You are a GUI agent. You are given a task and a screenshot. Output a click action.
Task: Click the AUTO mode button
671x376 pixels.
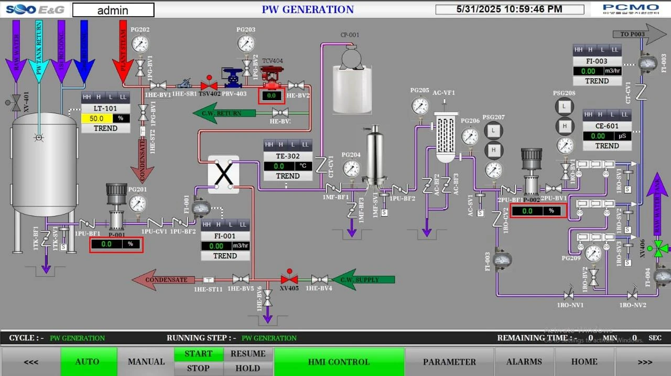[88, 361]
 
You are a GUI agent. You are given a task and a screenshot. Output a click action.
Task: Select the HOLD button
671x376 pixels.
[248, 368]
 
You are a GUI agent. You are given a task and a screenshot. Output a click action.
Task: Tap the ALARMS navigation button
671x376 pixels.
[524, 361]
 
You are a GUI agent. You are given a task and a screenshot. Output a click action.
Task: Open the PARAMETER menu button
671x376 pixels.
[449, 361]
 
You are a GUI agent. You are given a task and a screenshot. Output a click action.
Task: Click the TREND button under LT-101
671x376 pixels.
[105, 128]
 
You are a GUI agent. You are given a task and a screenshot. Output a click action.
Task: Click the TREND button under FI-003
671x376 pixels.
[597, 81]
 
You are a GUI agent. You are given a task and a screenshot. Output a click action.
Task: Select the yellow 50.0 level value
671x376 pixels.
[96, 119]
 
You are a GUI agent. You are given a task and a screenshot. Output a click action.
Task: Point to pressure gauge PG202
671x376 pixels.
[140, 44]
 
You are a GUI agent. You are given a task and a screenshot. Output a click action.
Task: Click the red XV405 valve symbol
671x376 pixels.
[289, 278]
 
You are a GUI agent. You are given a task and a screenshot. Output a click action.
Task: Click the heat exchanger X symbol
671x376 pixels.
[223, 174]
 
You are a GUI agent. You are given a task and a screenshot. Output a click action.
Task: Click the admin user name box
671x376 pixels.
[113, 10]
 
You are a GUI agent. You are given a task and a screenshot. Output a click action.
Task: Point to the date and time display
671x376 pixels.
[509, 9]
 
